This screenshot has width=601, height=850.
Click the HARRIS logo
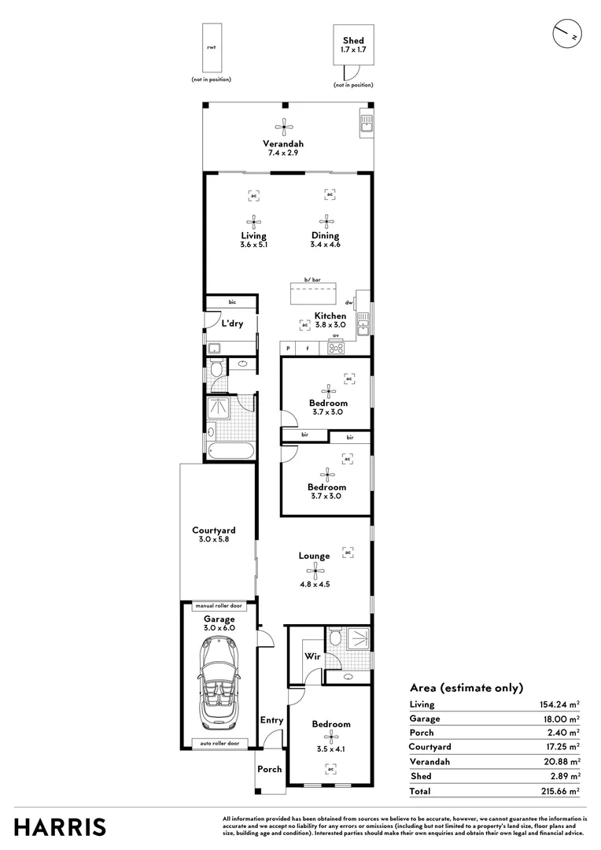[61, 827]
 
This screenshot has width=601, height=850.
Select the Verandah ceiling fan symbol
[283, 126]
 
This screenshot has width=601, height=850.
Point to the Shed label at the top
[353, 41]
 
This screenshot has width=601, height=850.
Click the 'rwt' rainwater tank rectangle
[211, 48]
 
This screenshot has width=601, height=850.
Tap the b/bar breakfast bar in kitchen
[313, 296]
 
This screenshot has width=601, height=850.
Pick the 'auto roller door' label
[219, 743]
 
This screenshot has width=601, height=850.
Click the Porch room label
[269, 770]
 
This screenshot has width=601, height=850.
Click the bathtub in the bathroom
[230, 451]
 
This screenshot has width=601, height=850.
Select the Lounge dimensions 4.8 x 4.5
[314, 584]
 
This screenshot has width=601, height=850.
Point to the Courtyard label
[214, 530]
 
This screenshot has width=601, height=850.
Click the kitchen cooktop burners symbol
[336, 349]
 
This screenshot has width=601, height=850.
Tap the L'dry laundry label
[231, 323]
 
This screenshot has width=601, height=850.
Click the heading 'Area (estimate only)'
[466, 687]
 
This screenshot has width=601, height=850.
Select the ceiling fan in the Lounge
[315, 571]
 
